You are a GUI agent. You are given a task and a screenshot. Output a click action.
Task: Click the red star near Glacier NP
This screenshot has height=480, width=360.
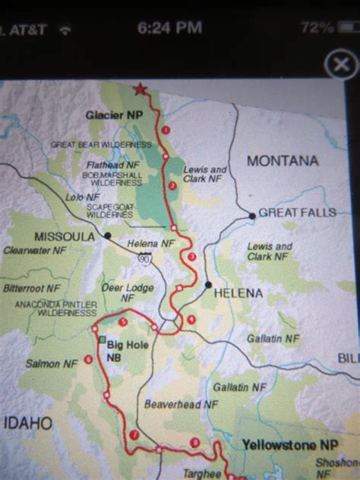(x=139, y=89)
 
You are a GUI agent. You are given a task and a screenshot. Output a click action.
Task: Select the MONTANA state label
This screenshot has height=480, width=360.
(x=282, y=161)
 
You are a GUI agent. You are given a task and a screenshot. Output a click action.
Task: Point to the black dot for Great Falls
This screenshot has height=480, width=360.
(x=252, y=216)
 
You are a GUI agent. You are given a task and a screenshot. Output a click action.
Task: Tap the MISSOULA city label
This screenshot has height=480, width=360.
(x=64, y=236)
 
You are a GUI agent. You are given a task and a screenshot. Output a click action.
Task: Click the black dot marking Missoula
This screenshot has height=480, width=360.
(x=107, y=235)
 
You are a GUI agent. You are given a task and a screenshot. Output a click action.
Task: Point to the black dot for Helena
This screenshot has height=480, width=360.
(x=208, y=285)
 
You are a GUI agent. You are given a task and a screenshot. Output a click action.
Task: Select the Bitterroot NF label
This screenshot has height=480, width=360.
(x=31, y=289)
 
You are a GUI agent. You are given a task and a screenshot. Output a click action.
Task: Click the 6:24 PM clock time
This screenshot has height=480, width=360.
(x=170, y=28)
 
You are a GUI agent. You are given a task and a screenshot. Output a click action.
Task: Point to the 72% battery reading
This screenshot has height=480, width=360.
(x=316, y=28)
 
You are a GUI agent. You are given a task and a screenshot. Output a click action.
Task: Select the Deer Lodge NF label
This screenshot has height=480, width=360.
(x=128, y=292)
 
